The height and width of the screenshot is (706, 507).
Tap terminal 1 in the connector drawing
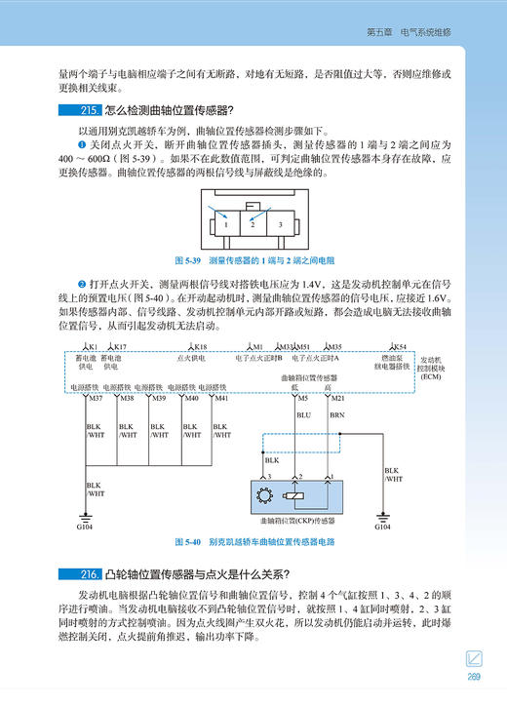pos(225,223)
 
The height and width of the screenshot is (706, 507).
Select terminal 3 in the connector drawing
pos(281,223)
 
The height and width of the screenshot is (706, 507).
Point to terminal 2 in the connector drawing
pos(253,223)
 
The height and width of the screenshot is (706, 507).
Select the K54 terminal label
pos(400,346)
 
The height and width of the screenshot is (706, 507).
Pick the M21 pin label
pos(338,398)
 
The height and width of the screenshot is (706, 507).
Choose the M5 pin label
pos(302,398)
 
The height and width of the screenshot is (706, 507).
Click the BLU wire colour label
pos(302,414)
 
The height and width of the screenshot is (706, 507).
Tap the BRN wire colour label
pos(337,414)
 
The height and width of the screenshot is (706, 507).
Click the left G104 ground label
pos(85,528)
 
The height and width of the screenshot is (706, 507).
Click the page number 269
pos(475,681)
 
